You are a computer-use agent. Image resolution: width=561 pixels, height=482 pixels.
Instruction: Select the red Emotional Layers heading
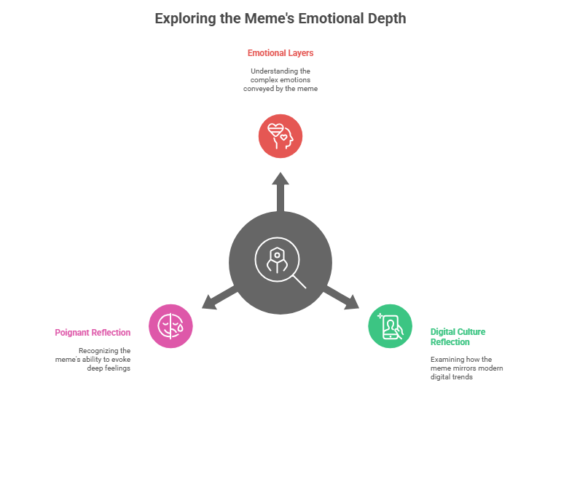point(280,53)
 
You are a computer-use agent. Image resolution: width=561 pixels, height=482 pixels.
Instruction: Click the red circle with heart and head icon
point(280,136)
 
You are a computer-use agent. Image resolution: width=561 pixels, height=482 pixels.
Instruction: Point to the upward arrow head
point(280,179)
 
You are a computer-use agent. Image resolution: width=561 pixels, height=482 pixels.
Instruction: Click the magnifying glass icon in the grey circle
point(280,262)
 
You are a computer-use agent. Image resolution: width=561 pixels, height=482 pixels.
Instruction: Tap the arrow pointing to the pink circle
point(219,298)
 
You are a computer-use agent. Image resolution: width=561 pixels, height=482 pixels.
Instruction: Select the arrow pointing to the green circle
point(341,298)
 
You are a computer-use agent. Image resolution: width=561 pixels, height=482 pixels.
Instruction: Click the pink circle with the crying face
point(170,326)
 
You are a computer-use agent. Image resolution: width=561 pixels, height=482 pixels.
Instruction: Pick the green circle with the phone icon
point(391,326)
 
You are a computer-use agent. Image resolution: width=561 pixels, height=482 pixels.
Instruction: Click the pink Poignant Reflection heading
point(93,333)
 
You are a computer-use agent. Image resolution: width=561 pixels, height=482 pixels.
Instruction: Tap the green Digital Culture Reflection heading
point(458,337)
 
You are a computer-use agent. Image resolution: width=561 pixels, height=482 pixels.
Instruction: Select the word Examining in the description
point(446,360)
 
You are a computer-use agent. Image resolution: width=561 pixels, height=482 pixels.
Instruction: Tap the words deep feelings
point(109,368)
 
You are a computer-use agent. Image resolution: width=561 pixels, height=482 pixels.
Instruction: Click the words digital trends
point(452,377)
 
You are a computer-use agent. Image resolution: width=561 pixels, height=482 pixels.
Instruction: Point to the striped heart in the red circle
point(275,130)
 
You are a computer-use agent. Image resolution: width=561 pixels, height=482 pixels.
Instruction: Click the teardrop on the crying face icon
point(180,328)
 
